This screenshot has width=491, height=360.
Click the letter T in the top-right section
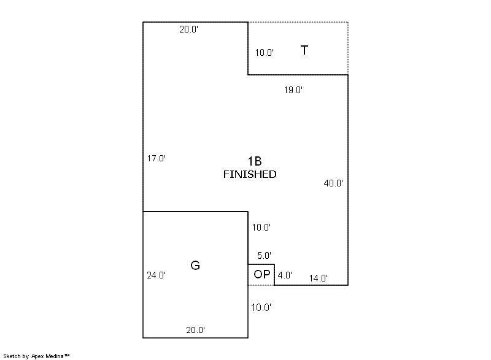(x=304, y=50)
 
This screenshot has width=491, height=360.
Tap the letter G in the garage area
(x=195, y=265)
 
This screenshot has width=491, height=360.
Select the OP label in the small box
(x=262, y=274)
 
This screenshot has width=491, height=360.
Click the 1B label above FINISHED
(x=255, y=161)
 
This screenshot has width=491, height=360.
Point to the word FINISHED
(x=250, y=174)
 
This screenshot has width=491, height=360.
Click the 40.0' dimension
(x=333, y=183)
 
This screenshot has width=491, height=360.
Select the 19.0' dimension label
(x=293, y=90)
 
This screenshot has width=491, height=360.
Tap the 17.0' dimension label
(x=157, y=158)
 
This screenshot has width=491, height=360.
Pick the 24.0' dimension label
(x=157, y=275)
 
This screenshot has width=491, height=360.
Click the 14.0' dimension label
(x=319, y=278)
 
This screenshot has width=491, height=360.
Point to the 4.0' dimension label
(x=285, y=275)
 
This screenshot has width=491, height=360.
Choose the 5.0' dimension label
(x=264, y=256)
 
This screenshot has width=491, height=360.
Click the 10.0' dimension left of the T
(x=265, y=53)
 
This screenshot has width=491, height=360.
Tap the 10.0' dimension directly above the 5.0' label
(x=261, y=228)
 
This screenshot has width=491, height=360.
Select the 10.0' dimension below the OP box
(x=261, y=307)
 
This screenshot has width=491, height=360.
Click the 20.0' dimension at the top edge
(x=189, y=29)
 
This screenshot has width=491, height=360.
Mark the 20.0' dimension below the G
(x=195, y=330)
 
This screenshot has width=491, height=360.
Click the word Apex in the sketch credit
(x=37, y=356)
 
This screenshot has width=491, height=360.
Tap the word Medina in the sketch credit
(x=55, y=356)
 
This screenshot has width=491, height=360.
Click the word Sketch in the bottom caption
(x=12, y=356)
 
